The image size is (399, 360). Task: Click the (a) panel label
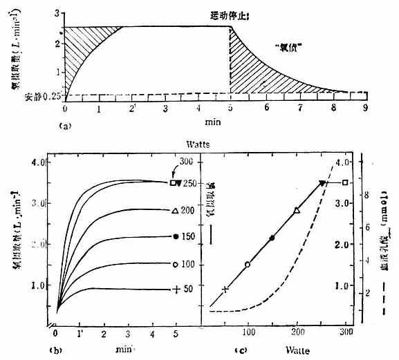click(64, 126)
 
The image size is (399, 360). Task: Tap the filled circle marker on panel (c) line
click(272, 238)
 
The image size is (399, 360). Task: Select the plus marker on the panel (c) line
click(225, 289)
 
